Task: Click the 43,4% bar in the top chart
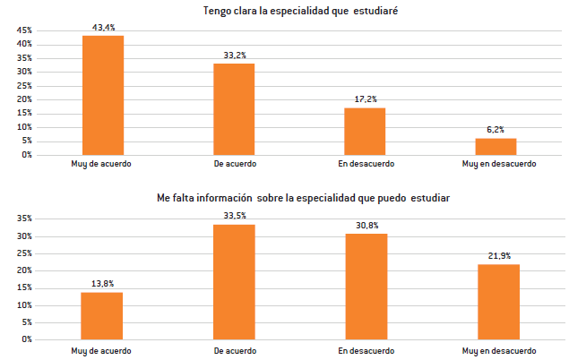[102, 95]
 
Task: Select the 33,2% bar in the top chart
[234, 109]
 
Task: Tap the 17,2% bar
[365, 131]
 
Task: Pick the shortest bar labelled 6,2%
[496, 146]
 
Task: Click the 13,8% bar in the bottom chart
[102, 315]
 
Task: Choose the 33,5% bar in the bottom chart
[234, 281]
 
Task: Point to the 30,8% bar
[365, 286]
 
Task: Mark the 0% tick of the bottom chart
[27, 339]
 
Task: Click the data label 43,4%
[102, 27]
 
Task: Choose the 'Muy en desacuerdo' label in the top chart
[498, 164]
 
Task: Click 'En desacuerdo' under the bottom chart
[366, 349]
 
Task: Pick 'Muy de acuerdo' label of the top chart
[101, 164]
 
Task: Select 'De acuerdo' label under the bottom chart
[234, 349]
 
